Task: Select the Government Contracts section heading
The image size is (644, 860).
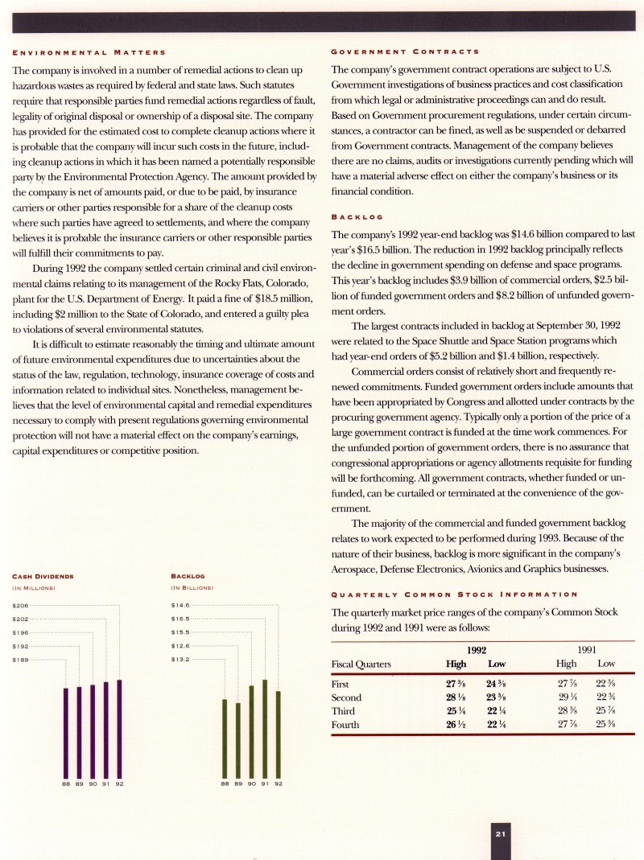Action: point(406,51)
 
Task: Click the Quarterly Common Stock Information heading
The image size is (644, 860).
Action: point(454,595)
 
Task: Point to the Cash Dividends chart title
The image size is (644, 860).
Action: point(43,576)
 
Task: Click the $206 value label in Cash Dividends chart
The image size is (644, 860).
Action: point(21,605)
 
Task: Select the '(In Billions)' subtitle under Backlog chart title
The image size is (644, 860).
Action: point(192,587)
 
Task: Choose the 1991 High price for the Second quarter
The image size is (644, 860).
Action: point(569,697)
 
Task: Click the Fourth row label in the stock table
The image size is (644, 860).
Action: point(345,725)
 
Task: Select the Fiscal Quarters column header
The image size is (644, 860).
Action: point(361,664)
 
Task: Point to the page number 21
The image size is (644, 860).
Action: point(500,834)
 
